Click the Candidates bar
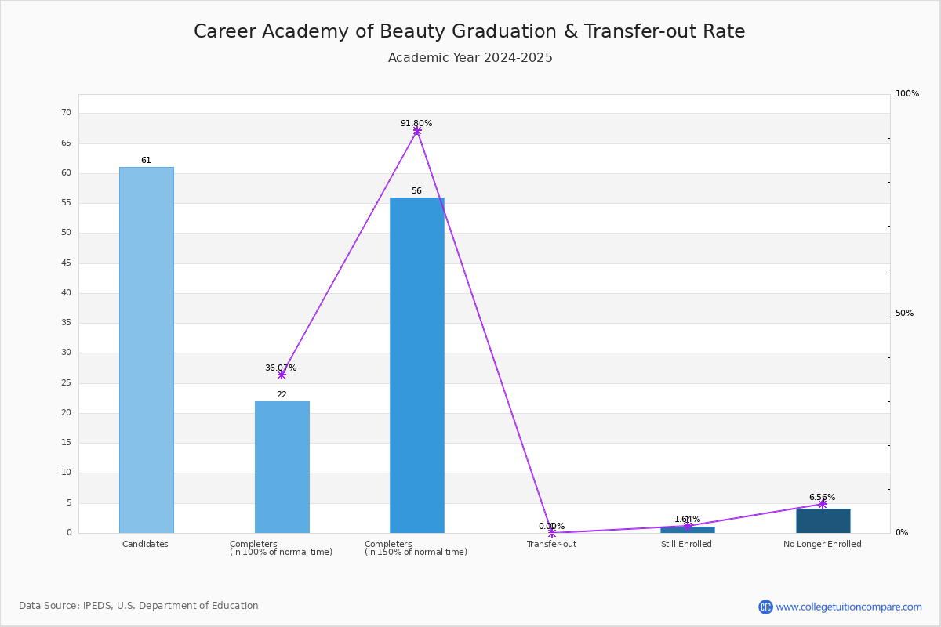146,350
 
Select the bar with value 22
282,467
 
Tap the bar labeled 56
416,365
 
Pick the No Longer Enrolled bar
823,521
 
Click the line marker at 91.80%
416,131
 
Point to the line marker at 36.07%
282,375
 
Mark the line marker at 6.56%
823,504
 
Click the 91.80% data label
416,123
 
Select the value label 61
146,161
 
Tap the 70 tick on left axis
66,113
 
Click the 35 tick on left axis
66,323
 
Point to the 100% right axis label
907,94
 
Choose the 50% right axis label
904,313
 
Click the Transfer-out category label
551,544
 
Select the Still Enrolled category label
686,544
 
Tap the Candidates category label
145,544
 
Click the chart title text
469,31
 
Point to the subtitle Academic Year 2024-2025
470,58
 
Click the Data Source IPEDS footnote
139,606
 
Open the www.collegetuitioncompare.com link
848,607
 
